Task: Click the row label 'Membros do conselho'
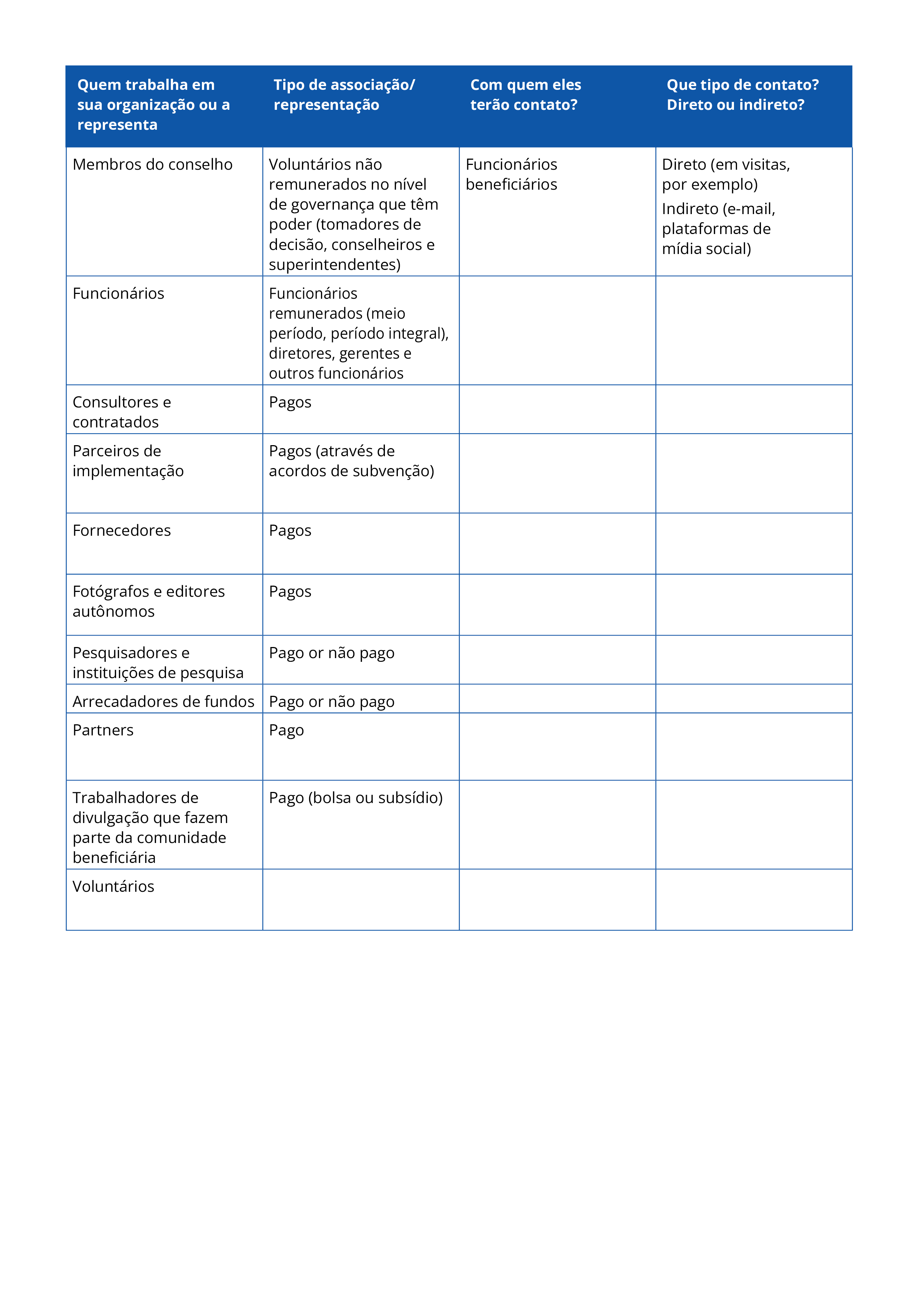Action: tap(153, 165)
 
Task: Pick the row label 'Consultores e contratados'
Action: tap(122, 412)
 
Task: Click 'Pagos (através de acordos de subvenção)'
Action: tap(351, 461)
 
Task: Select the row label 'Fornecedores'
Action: tap(122, 531)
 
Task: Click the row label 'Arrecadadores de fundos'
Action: tap(163, 702)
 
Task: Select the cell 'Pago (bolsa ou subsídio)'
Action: tap(355, 797)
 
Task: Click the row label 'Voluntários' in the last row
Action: tap(113, 886)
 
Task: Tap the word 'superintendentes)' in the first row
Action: tap(335, 264)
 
